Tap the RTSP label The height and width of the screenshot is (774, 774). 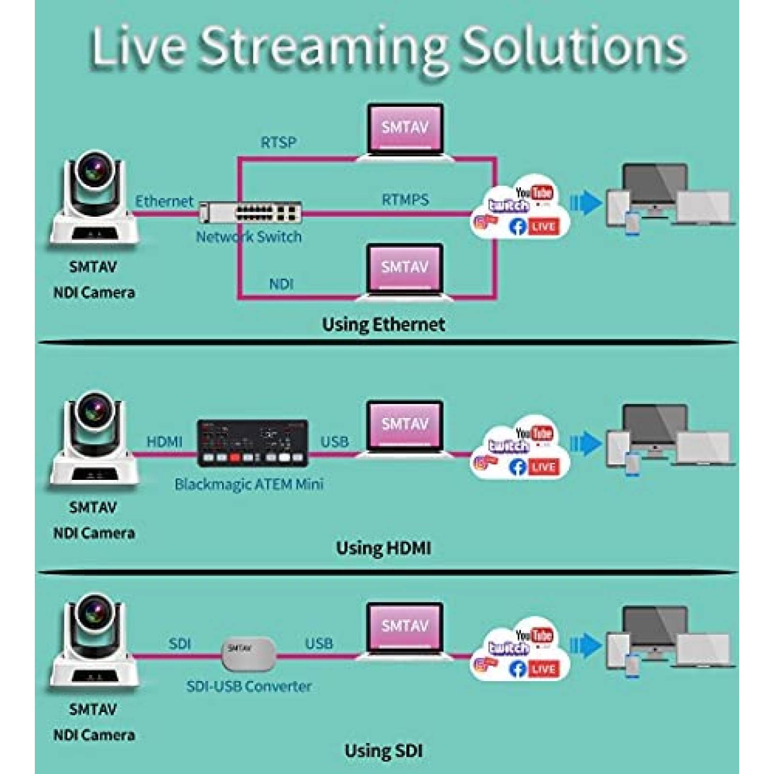tap(278, 142)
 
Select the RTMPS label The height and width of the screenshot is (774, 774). tap(405, 199)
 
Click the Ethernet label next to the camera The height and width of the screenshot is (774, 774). tap(164, 201)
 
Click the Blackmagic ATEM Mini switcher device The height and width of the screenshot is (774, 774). tap(253, 443)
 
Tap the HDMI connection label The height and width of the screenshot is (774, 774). tap(164, 441)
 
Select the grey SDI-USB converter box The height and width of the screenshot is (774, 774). tap(249, 654)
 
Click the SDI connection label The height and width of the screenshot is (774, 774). tap(179, 643)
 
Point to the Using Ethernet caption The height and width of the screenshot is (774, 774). tap(383, 324)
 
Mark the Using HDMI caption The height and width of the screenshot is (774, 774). tap(383, 548)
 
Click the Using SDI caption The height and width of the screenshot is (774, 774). tap(383, 750)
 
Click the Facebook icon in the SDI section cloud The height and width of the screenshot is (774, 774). tap(517, 669)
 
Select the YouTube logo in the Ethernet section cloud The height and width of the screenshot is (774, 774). tap(534, 193)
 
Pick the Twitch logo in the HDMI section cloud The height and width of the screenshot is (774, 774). tap(508, 446)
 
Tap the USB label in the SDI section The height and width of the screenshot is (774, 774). tap(319, 643)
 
